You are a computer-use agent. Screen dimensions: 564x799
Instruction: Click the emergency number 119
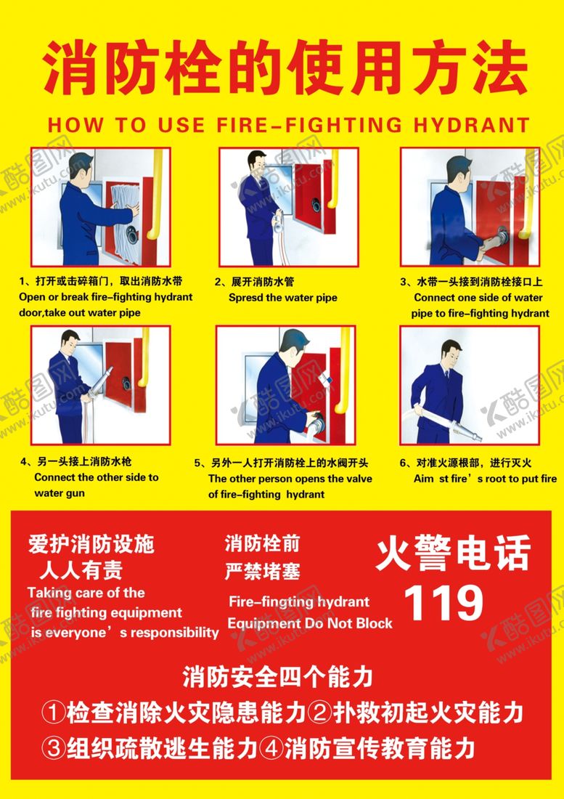tap(444, 602)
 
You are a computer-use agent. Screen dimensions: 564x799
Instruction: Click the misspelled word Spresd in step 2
tap(245, 298)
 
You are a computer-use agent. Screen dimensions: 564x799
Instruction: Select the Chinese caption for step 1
tap(101, 281)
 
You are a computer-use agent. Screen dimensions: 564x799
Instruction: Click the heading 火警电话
tap(454, 554)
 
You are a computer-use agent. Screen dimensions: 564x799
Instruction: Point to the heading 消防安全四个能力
tap(278, 677)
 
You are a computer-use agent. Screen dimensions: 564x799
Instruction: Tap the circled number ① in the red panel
tap(53, 713)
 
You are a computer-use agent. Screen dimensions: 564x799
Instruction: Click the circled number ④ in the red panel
tap(271, 748)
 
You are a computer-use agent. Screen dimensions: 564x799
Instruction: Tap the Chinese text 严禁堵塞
tap(263, 571)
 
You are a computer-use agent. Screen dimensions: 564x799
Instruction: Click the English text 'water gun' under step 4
tap(60, 493)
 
